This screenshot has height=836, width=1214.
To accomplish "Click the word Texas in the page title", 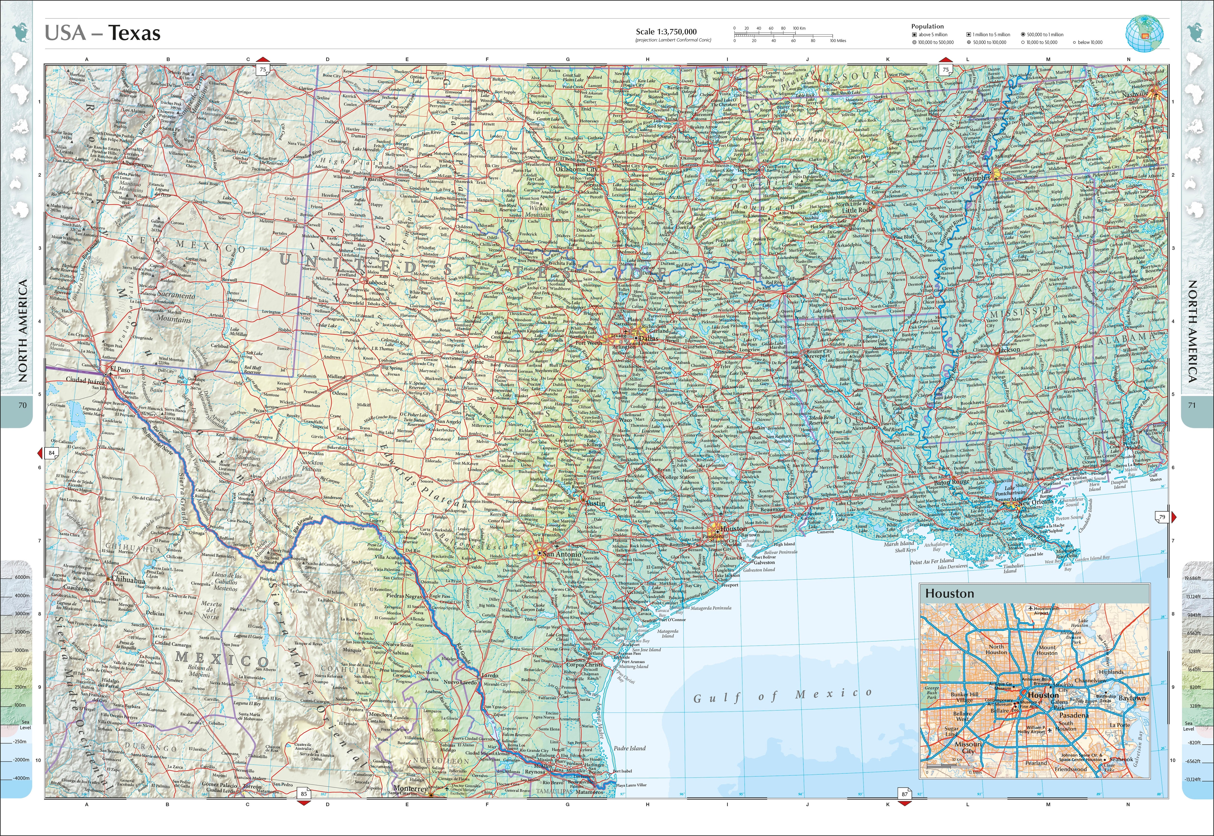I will pyautogui.click(x=135, y=33).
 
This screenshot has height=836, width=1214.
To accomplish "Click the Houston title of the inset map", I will pyautogui.click(x=949, y=594).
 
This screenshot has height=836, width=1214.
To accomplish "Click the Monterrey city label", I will pyautogui.click(x=410, y=788).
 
